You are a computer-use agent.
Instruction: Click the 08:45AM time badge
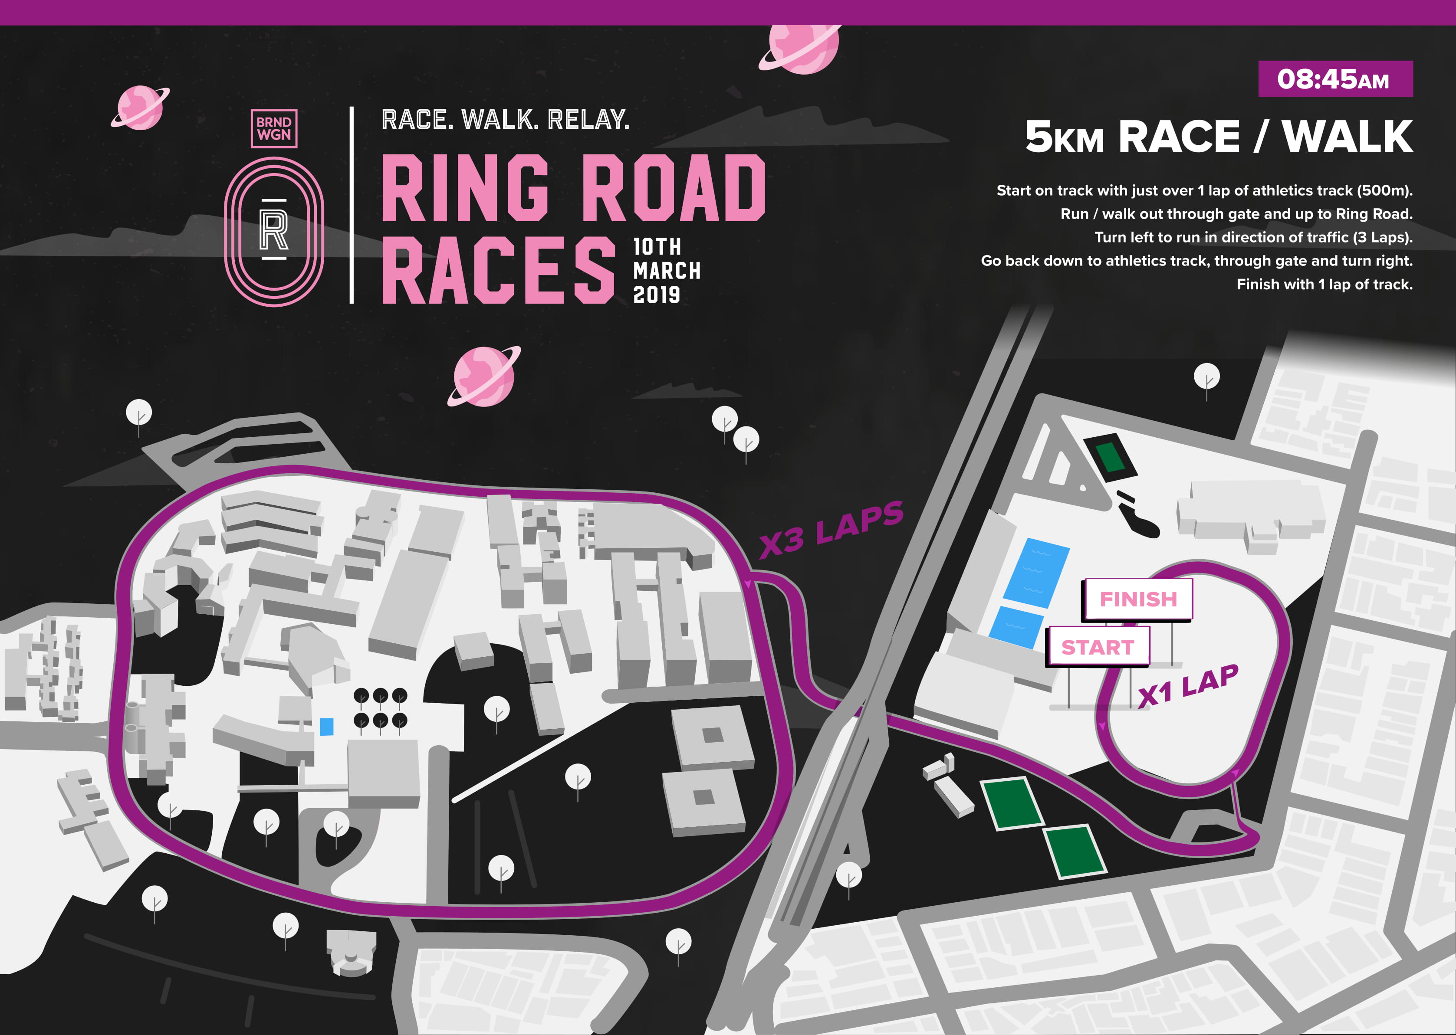tap(1335, 79)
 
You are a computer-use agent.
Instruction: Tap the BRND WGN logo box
tap(274, 128)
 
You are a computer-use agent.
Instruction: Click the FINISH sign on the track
tap(1138, 599)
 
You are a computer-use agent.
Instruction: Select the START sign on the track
tap(1097, 647)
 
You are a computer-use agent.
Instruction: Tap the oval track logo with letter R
tap(274, 231)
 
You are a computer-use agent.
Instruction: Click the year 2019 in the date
tap(656, 295)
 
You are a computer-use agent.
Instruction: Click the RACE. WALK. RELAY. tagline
tap(505, 120)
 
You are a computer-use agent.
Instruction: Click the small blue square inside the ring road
tap(326, 727)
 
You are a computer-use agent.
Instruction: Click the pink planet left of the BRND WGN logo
tap(140, 107)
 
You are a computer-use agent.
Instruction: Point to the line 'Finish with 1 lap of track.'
tap(1324, 284)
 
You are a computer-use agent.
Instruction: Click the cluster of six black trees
tap(380, 707)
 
